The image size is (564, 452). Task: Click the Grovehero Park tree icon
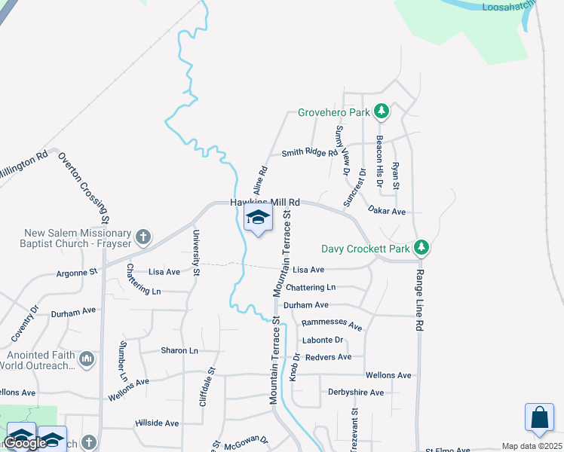[x=382, y=112]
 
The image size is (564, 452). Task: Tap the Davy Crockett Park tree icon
[x=423, y=248]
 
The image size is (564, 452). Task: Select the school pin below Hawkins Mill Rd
[x=258, y=219]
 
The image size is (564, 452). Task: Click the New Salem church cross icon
[x=143, y=238]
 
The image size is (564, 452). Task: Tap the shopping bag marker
[x=540, y=418]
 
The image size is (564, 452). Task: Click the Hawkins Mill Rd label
[x=265, y=203]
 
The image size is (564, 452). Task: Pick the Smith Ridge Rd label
[x=309, y=153]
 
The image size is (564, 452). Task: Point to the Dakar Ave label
[x=388, y=212]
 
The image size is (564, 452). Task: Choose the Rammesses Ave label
[x=332, y=324]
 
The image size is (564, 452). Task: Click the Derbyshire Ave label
[x=356, y=392]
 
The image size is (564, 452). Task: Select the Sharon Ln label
[x=179, y=350]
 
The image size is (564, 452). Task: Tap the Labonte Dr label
[x=323, y=340]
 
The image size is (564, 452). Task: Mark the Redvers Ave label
[x=328, y=357]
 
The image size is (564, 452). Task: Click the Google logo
[x=25, y=443]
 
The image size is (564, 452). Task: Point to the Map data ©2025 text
[x=532, y=446]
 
